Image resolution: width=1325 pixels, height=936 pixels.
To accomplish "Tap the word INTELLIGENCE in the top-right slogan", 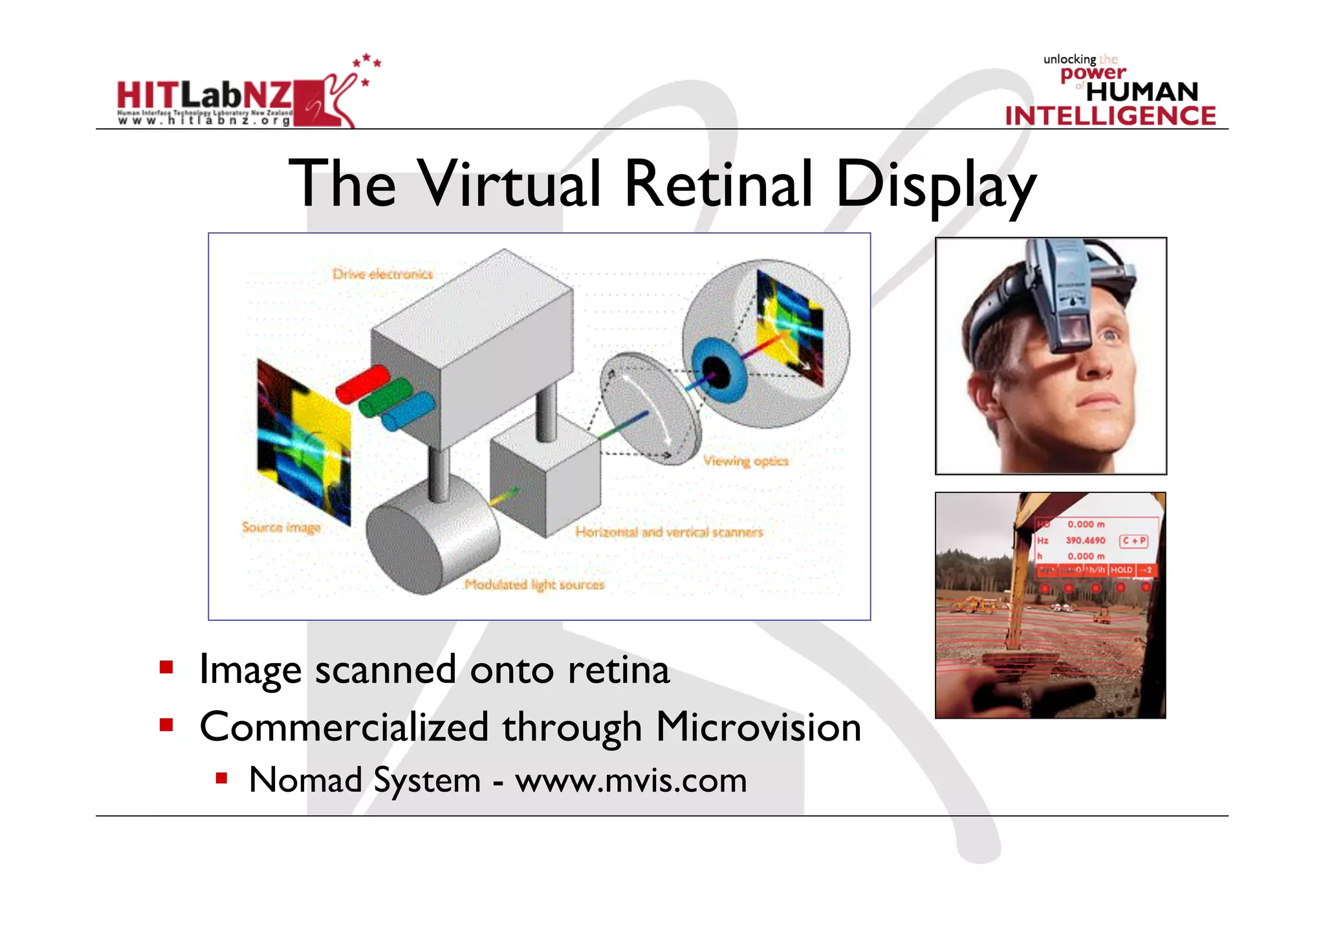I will coord(1110,116).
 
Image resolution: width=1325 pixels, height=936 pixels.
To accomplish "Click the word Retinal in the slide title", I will coord(718,184).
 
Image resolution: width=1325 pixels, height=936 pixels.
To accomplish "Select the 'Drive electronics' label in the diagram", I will coord(382,274).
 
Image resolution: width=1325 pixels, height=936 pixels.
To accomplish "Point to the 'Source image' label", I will coord(281,527).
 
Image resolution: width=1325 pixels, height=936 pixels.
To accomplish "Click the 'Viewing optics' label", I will coord(746,461).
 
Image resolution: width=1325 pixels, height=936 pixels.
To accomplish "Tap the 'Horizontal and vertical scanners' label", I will coord(669,532).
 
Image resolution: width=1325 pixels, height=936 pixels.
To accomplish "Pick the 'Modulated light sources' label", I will coord(534,585).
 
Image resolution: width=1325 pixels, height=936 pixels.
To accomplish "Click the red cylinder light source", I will coord(362,384).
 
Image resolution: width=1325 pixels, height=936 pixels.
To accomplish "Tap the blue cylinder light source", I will coord(408,411).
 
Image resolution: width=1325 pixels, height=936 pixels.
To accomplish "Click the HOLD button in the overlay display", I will coord(1121,570).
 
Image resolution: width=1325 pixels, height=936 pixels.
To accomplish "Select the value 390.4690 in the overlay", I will coord(1086,540).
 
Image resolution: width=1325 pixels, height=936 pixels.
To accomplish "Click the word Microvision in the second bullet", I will coord(758,727).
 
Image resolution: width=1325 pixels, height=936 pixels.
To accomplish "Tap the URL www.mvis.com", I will coord(631,780).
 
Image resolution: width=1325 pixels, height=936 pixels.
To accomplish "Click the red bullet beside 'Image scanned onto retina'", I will coord(166,668).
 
